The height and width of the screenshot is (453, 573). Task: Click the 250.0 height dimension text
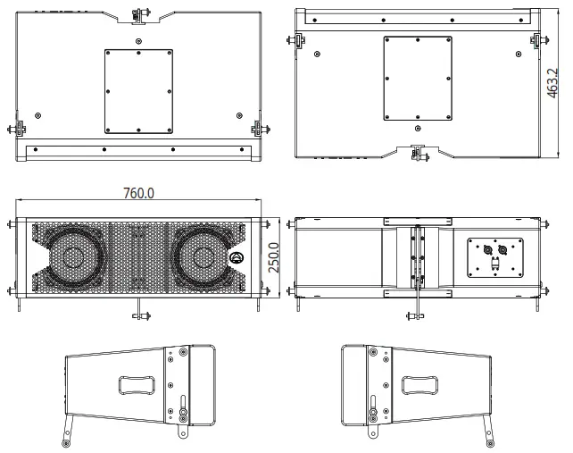tap(276, 257)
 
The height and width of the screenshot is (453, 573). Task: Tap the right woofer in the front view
tap(205, 258)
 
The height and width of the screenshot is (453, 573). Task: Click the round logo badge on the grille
tap(237, 260)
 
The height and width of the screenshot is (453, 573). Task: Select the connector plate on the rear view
tap(494, 257)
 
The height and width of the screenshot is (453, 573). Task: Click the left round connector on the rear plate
tap(487, 250)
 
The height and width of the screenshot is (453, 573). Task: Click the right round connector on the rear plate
tap(502, 250)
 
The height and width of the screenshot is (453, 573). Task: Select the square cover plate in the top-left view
tap(138, 90)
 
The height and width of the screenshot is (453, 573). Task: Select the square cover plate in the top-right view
tap(417, 78)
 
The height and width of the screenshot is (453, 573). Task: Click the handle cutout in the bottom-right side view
tap(419, 385)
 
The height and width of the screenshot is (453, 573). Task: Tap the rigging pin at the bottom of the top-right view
tap(417, 153)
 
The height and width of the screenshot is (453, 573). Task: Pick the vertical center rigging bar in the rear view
tap(414, 259)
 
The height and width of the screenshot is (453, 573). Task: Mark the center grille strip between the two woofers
tap(137, 258)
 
